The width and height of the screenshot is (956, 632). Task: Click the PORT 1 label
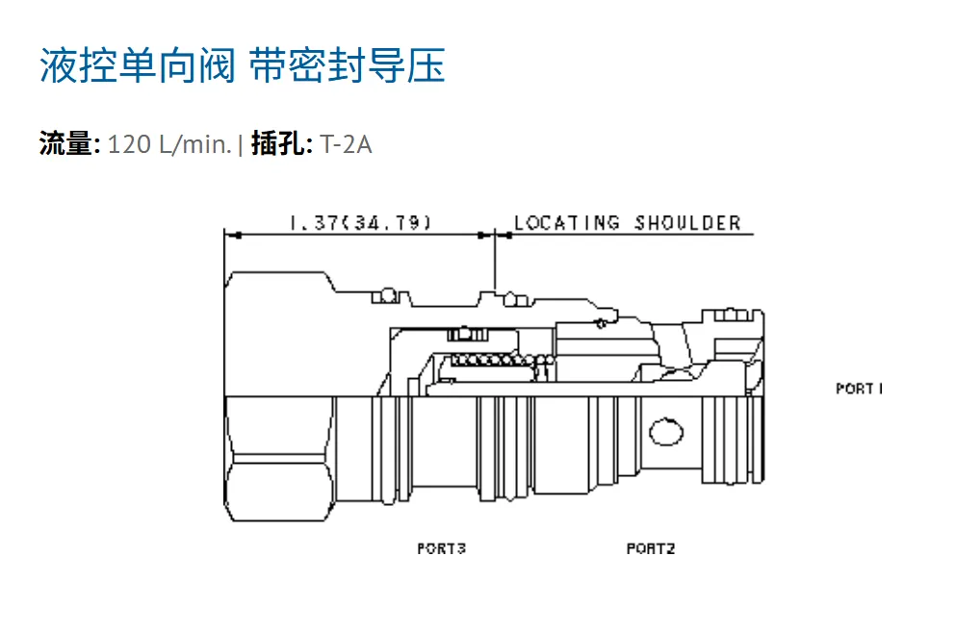point(859,389)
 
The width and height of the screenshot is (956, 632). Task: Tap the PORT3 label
point(442,548)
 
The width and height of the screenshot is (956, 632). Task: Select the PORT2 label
point(651,548)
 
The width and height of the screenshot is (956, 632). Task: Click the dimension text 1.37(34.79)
point(361,222)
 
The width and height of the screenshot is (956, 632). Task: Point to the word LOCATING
point(567,222)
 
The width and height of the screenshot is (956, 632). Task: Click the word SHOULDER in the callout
point(687,222)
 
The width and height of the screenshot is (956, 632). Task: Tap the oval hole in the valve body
point(666,432)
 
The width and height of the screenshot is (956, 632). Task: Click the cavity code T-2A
point(346,144)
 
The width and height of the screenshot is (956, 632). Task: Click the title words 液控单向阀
point(137,65)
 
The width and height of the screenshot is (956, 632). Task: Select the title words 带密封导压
point(348,65)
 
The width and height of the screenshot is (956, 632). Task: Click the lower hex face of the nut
point(280,489)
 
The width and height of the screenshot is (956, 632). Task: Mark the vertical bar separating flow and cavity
point(241,145)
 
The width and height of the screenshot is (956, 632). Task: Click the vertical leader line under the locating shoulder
point(495,262)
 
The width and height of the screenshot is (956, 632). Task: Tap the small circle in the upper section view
point(601,323)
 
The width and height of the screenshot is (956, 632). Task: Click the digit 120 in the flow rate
point(129,144)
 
